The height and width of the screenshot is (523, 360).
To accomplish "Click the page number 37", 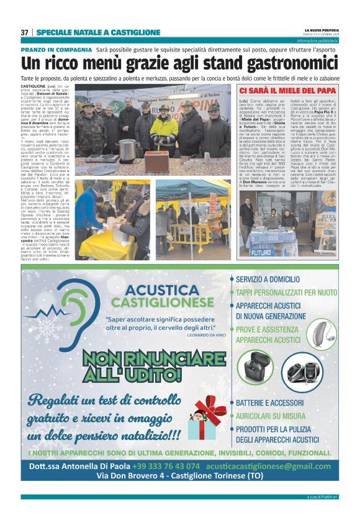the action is click(x=24, y=32).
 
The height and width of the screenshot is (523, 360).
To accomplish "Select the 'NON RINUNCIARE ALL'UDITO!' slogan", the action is click(x=153, y=366).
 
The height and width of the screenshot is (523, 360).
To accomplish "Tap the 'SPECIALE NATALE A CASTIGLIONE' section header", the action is click(x=98, y=32).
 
